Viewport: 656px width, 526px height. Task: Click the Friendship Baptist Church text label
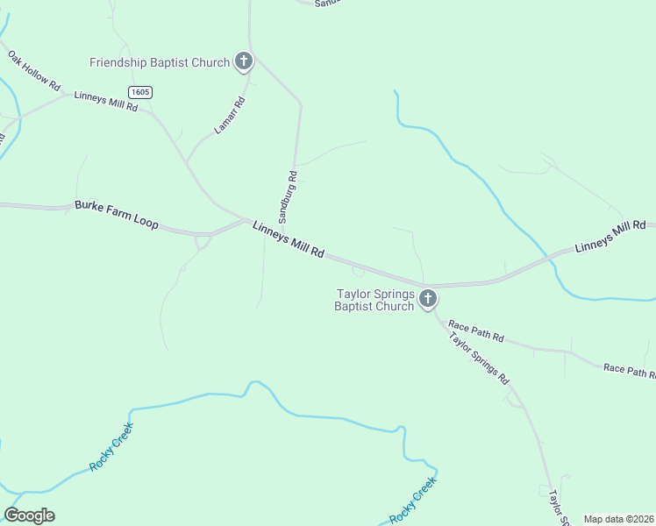coord(160,62)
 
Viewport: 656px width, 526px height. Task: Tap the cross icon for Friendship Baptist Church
coord(244,62)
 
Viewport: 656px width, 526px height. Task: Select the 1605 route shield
coord(139,92)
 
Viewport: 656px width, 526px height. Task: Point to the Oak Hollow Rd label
coord(34,72)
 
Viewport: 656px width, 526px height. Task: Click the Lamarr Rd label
coord(230,116)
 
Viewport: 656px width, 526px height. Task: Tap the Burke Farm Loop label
coord(117,214)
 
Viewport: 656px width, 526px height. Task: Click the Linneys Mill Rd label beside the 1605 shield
coord(106,101)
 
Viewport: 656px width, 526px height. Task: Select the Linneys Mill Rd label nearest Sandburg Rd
coord(289,238)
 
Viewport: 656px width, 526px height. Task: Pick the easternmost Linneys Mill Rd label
coord(610,237)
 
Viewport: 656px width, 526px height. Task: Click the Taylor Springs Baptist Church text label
coord(374,300)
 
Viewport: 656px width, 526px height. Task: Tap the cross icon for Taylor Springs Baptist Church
coord(428,300)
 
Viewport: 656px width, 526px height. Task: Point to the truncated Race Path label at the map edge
coord(630,373)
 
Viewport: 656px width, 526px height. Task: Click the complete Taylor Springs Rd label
coord(479,358)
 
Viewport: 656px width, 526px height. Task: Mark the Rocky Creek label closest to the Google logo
coord(111,447)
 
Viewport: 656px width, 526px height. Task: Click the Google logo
coord(29,515)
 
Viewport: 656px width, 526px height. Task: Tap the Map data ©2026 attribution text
coord(618,519)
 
